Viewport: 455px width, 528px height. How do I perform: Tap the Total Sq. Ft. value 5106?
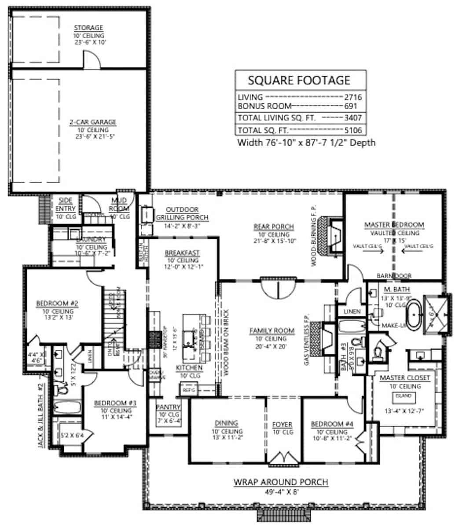[353, 130]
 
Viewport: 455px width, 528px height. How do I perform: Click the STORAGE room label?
[88, 28]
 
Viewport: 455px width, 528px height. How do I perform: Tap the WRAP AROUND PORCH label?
[280, 482]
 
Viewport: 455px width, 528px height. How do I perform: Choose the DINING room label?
[227, 423]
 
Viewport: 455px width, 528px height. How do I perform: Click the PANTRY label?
[168, 407]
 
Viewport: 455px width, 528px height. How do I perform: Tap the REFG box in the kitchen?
[188, 389]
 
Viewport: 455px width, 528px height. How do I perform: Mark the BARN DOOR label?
[394, 276]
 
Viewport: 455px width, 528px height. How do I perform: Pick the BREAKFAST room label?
[182, 253]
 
